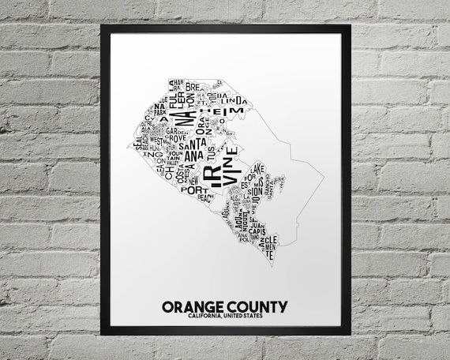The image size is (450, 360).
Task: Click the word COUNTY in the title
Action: click(x=257, y=306)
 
